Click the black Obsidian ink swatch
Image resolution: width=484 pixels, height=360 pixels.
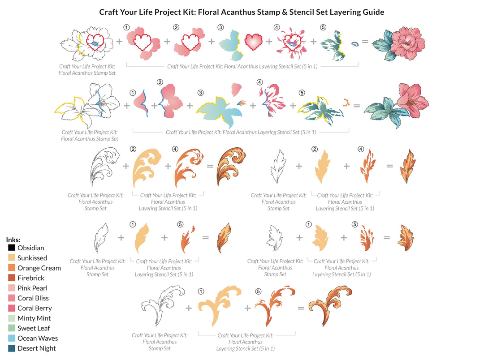(12, 248)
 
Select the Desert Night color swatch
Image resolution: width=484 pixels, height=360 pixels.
(12, 348)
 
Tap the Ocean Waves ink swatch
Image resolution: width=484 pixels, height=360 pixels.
(12, 338)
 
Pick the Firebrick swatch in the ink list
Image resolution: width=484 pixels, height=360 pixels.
(12, 278)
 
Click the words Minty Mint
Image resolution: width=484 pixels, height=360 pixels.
(34, 318)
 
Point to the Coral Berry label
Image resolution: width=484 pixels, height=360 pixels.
(35, 308)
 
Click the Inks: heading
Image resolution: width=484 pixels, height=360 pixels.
(13, 240)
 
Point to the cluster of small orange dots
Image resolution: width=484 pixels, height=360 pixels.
(346, 103)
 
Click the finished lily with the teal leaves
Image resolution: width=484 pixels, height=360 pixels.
(394, 106)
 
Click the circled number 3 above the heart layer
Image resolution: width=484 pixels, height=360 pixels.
(220, 27)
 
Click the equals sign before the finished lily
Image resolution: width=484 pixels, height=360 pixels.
(357, 106)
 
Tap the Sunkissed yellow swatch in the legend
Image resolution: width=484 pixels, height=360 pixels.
(12, 258)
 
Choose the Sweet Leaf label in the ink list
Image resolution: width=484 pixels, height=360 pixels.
(34, 328)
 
